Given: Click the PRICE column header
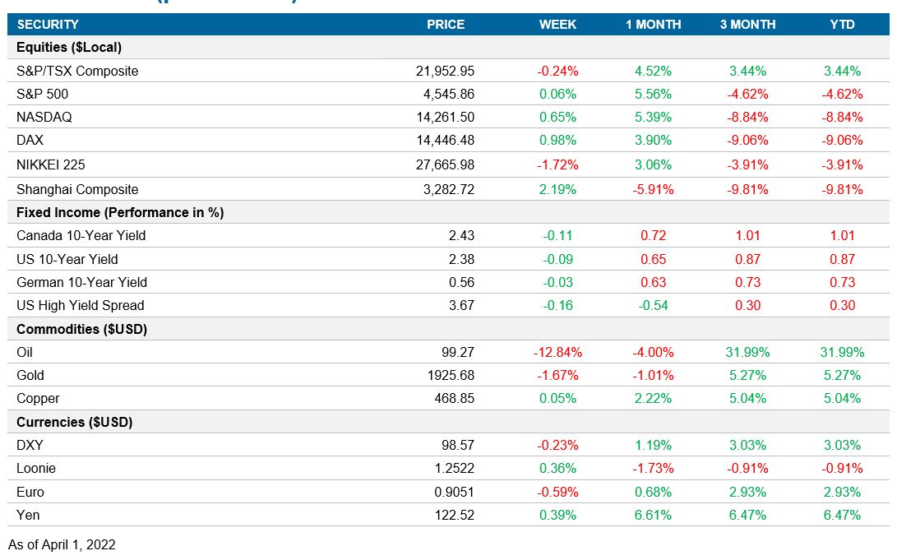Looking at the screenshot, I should click(446, 25).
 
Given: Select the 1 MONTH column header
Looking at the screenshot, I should click(653, 25).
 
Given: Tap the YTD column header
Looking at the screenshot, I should click(842, 25).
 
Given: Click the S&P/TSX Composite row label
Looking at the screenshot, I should click(77, 71).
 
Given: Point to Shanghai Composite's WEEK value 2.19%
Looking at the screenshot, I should click(559, 189).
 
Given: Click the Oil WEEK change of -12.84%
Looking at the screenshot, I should click(559, 352).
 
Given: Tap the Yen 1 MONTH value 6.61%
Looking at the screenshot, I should click(654, 515).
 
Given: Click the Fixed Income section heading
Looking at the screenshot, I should click(120, 212).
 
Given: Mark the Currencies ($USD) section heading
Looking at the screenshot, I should click(75, 422).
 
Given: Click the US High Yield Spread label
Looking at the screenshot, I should click(80, 305).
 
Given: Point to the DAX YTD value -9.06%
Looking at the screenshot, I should click(842, 140).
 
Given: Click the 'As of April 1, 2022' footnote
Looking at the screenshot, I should click(62, 544).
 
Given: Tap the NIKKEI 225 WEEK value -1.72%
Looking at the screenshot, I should click(559, 164).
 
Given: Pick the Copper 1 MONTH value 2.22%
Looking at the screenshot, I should click(654, 398).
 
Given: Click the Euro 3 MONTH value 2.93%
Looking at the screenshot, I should click(747, 492).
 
